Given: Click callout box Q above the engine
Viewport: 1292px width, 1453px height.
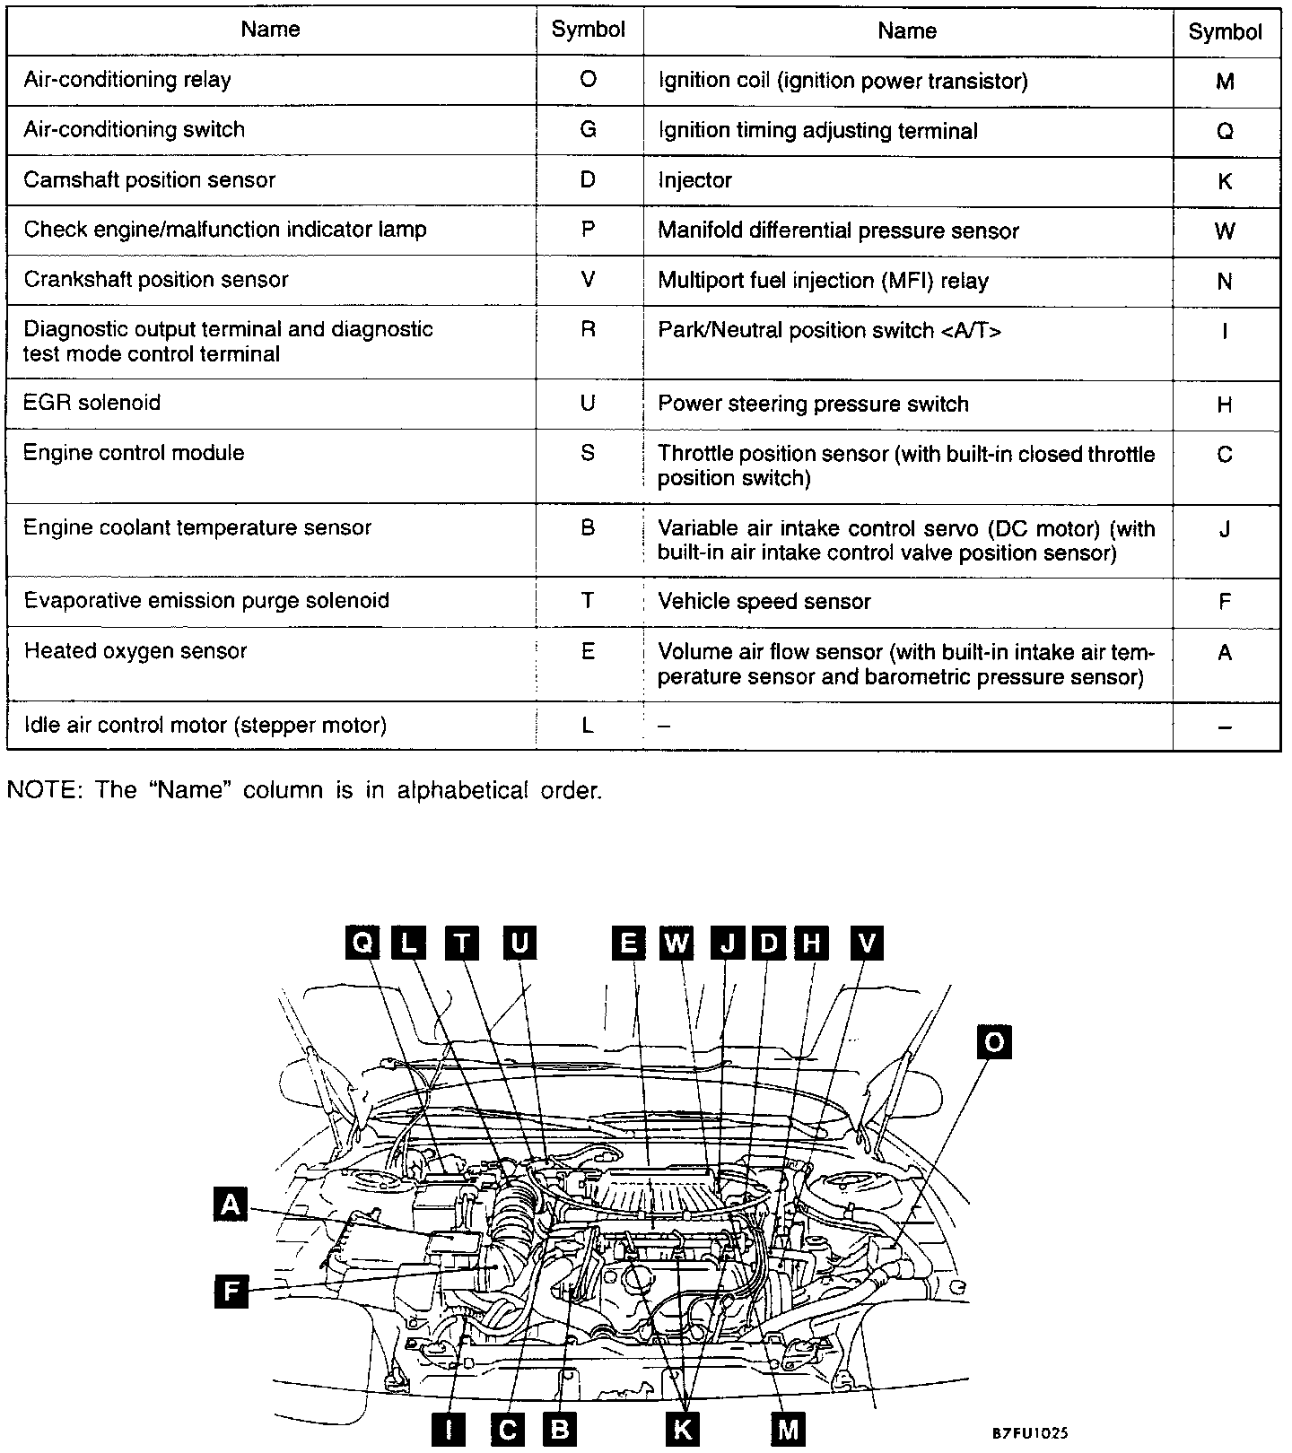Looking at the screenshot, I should pyautogui.click(x=362, y=943).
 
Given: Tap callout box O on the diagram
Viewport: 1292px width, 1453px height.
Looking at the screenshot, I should pyautogui.click(x=994, y=1042).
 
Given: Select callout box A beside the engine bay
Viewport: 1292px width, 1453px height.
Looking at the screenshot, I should pyautogui.click(x=231, y=1204).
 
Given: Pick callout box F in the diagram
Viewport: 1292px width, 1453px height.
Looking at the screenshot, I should pyautogui.click(x=231, y=1292).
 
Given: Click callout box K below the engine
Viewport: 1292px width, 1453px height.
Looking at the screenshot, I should pyautogui.click(x=682, y=1429).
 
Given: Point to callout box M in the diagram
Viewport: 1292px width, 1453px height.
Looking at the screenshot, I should pyautogui.click(x=788, y=1429).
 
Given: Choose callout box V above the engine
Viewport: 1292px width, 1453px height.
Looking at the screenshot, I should pyautogui.click(x=866, y=943).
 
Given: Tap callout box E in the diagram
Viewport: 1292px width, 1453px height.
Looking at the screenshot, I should pyautogui.click(x=628, y=943).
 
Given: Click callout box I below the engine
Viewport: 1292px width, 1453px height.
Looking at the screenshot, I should pyautogui.click(x=449, y=1429).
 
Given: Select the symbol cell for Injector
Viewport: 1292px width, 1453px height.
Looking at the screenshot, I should pyautogui.click(x=1225, y=181).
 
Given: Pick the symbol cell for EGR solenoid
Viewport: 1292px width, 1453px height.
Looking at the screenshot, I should pyautogui.click(x=588, y=403).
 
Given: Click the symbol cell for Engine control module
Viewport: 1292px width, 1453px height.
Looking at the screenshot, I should pyautogui.click(x=588, y=453).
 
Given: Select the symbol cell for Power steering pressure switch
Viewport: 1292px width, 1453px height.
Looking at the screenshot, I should pyautogui.click(x=1225, y=405).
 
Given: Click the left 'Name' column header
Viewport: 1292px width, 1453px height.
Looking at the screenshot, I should pyautogui.click(x=270, y=30).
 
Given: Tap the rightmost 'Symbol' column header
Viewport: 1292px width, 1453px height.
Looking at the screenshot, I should pyautogui.click(x=1225, y=32).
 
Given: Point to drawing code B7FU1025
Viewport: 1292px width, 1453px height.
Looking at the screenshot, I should pyautogui.click(x=1030, y=1433).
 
